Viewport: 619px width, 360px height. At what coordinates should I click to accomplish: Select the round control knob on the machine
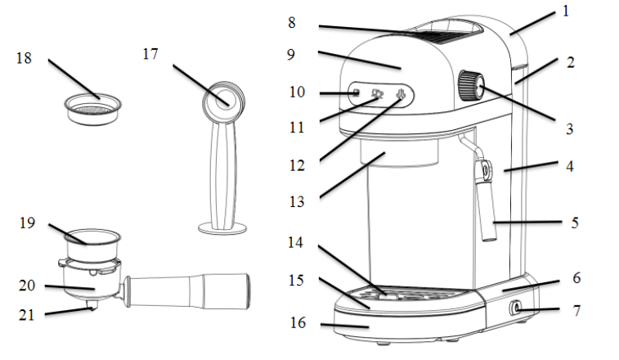tap(470, 85)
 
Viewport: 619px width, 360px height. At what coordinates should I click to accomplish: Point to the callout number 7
tap(576, 311)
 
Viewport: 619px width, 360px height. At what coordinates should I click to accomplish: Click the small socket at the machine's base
tap(517, 308)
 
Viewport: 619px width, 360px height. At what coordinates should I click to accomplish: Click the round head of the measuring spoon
tap(222, 99)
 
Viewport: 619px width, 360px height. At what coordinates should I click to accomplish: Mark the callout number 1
tap(565, 11)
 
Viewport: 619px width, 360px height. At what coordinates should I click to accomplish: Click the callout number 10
tap(296, 92)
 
